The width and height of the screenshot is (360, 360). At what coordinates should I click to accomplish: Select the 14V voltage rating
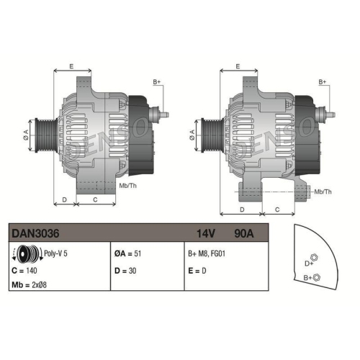[x=206, y=233]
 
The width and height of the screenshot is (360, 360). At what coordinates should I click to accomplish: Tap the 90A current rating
[x=244, y=233]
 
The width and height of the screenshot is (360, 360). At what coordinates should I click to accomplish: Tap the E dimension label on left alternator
[x=71, y=66]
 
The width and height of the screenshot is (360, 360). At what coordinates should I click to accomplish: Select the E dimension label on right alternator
[x=238, y=66]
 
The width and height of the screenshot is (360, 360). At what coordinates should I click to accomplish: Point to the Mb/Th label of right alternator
[x=323, y=191]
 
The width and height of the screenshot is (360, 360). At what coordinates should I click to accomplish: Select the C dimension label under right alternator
[x=278, y=209]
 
